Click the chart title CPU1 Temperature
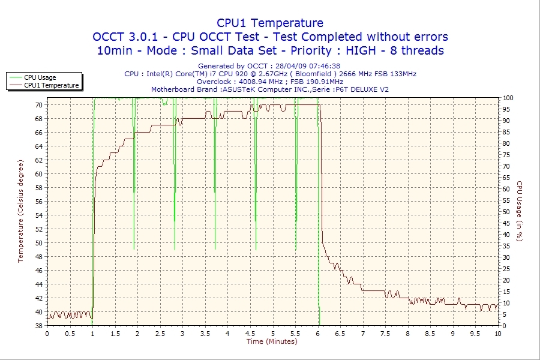(x=270, y=23)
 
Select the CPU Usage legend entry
(x=40, y=77)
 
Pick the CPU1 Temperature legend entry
(x=51, y=85)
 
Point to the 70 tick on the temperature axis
(x=39, y=105)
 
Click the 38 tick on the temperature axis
(x=39, y=326)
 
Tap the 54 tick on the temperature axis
(x=39, y=215)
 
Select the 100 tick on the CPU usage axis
(x=508, y=98)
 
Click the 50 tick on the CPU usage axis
(x=507, y=212)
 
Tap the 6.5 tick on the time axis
(x=340, y=333)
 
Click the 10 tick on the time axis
(x=498, y=333)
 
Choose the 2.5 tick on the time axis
(x=160, y=333)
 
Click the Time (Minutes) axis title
(x=272, y=341)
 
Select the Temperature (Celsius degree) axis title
(x=20, y=211)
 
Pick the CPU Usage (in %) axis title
(x=520, y=211)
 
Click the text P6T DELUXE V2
(x=364, y=89)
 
